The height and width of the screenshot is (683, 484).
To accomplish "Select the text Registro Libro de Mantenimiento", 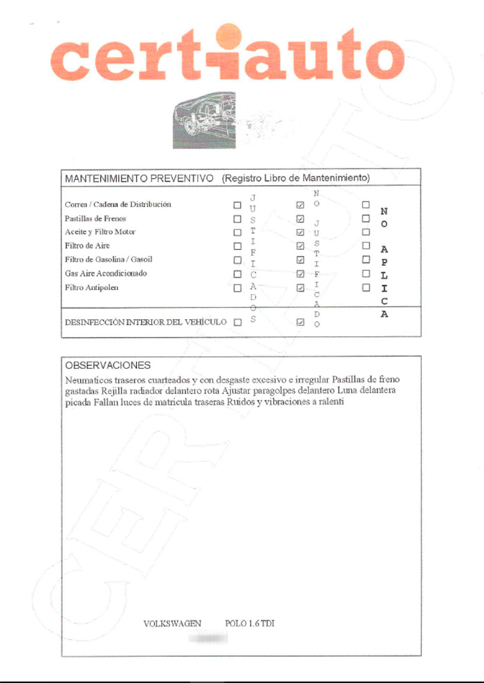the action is coord(296,178).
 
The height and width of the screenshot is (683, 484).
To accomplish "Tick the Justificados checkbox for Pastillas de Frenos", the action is coord(237,219).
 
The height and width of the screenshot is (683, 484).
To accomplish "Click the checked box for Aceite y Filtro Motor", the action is coord(300,233).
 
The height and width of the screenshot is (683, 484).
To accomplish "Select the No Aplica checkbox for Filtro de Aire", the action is coord(366,246).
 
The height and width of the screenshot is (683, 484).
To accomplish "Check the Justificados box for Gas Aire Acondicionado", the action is coord(237,273).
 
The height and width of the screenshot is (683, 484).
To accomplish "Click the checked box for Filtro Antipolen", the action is coord(300,287).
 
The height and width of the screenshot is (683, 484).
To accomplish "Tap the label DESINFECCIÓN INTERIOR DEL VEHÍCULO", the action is coord(145,323).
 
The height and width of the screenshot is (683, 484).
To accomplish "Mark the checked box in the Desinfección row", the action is coord(300,323).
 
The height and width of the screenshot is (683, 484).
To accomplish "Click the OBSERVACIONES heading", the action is coord(107,365).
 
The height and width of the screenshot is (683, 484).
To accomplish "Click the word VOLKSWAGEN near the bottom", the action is coord(172,624).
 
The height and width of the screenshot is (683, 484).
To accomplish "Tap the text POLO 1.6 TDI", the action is coord(250,624).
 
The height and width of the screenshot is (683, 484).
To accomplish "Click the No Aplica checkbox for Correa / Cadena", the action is coord(366,205).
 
